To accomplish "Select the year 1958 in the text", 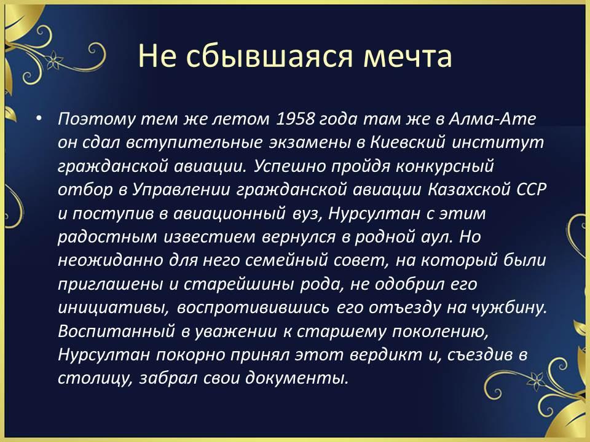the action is pos(296,118).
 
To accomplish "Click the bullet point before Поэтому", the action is pos(39,118).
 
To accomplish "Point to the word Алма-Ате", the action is pos(492,118).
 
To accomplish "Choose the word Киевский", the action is pos(408,142).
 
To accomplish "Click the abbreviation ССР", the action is pos(531,190).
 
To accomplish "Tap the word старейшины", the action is pos(238,284).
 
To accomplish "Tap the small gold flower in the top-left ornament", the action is pos(54,60).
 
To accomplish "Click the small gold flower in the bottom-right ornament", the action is pos(535,381).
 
